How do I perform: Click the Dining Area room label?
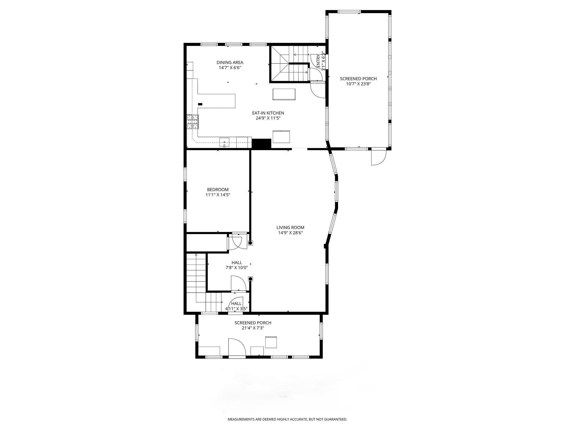pyautogui.click(x=230, y=62)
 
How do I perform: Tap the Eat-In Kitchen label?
pyautogui.click(x=268, y=113)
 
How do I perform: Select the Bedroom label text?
pyautogui.click(x=218, y=190)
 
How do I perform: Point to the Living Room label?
pyautogui.click(x=290, y=228)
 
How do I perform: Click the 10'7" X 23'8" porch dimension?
pyautogui.click(x=358, y=84)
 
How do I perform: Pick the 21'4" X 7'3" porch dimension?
pyautogui.click(x=253, y=328)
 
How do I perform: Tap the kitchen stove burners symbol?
pyautogui.click(x=193, y=122)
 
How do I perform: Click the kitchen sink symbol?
pyautogui.click(x=224, y=143)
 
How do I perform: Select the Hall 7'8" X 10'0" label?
pyautogui.click(x=237, y=265)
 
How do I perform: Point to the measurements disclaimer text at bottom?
pyautogui.click(x=287, y=419)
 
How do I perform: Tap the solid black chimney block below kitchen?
pyautogui.click(x=261, y=144)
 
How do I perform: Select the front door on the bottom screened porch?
pyautogui.click(x=237, y=348)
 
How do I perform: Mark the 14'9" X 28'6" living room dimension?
pyautogui.click(x=290, y=233)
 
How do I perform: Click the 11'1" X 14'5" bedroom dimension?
pyautogui.click(x=218, y=195)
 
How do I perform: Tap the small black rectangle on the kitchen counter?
pyautogui.click(x=200, y=104)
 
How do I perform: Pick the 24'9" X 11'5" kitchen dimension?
pyautogui.click(x=268, y=118)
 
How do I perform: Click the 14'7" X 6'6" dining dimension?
pyautogui.click(x=230, y=68)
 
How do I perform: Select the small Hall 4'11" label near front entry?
pyautogui.click(x=236, y=306)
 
